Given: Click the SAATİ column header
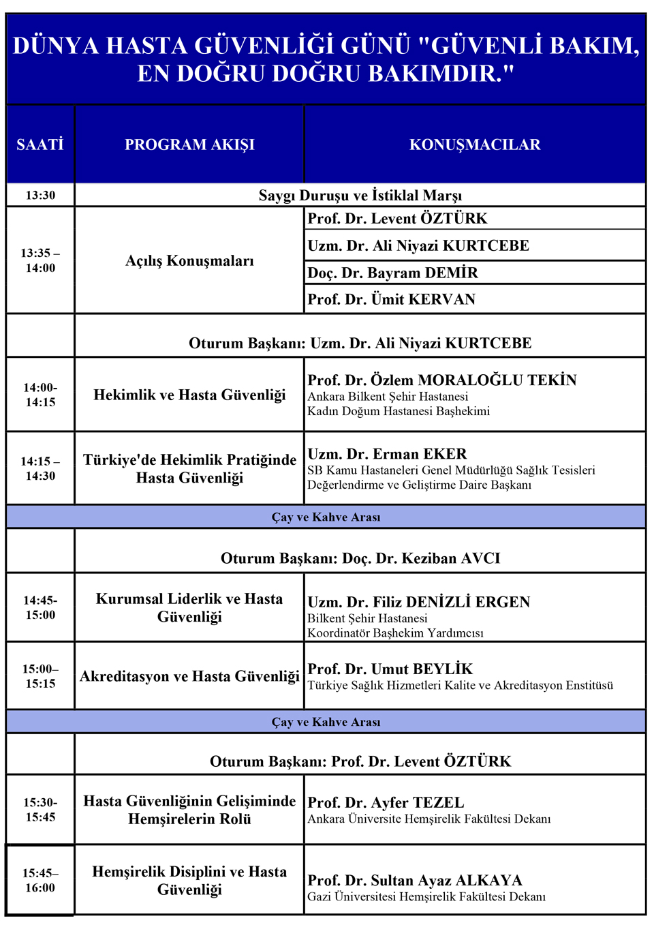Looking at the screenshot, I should click(40, 145).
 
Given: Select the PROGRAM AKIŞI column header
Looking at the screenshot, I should click(189, 145).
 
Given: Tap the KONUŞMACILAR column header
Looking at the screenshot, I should click(475, 145).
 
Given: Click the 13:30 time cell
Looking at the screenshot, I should click(40, 195).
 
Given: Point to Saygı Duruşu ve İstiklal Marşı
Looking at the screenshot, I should click(360, 196).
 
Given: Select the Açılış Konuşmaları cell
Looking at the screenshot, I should click(189, 261).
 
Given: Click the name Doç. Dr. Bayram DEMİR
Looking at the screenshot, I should click(393, 273).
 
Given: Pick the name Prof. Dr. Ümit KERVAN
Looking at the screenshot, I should click(392, 299).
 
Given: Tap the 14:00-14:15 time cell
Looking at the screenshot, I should click(40, 395).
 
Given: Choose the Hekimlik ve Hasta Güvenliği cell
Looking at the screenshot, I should click(189, 395).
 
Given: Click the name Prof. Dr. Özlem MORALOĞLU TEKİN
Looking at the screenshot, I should click(442, 380).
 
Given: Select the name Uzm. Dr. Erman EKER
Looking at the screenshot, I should click(388, 454).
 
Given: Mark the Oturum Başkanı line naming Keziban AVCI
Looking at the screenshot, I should click(360, 558).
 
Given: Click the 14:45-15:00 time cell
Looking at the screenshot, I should click(40, 607).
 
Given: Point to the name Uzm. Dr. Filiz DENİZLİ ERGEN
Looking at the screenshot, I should click(419, 602).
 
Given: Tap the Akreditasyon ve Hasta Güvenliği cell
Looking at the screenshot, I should click(189, 676).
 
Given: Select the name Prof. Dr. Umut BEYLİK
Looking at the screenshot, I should click(390, 669).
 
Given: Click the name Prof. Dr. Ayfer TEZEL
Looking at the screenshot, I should click(386, 802).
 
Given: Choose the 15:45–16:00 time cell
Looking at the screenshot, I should click(40, 881).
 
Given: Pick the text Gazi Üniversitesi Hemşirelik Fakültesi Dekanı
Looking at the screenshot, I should click(426, 897).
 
